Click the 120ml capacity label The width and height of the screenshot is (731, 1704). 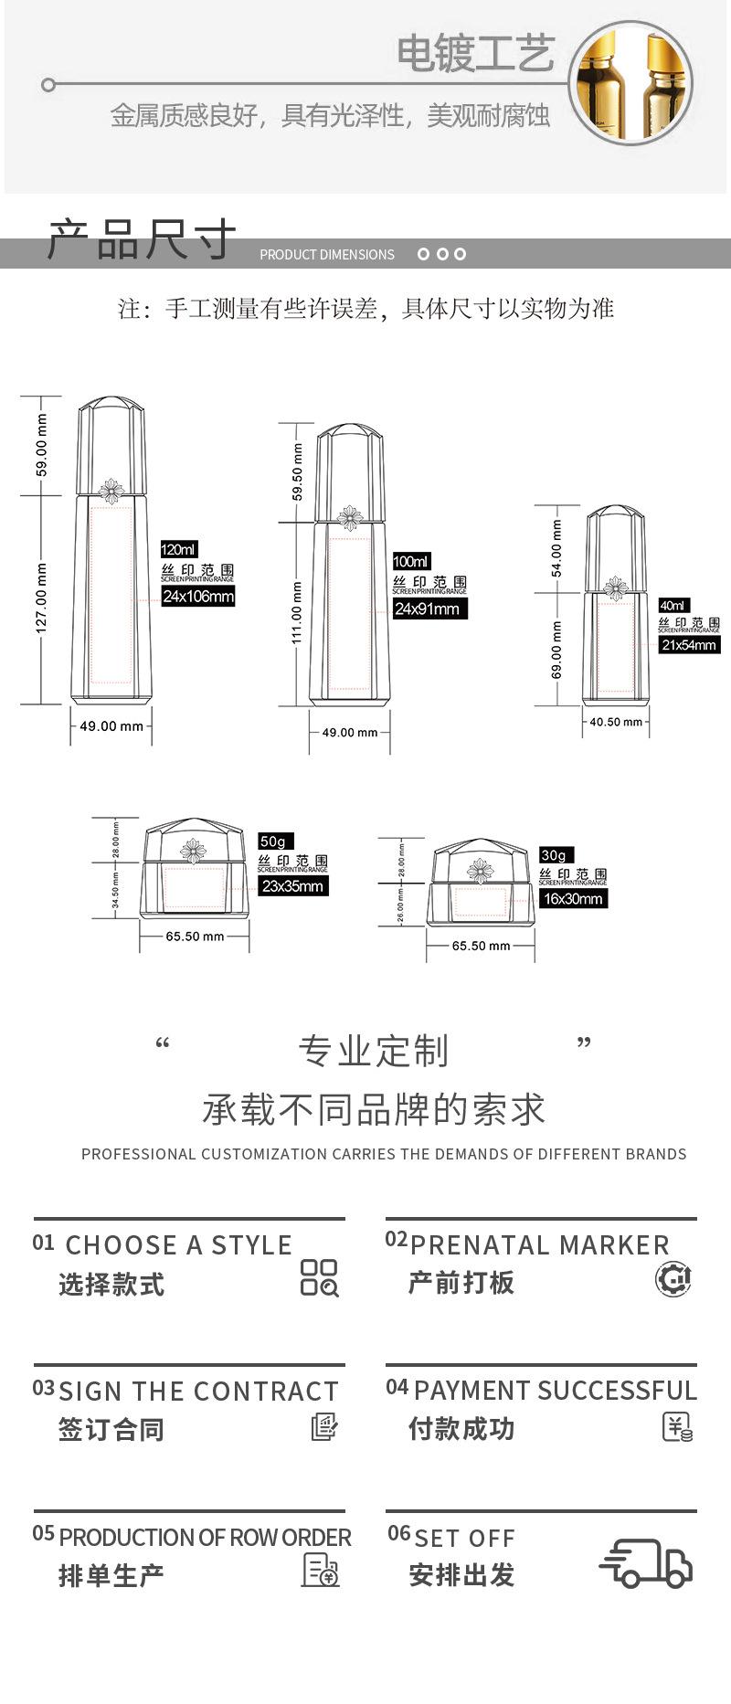click(179, 549)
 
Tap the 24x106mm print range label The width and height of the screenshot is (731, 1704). click(198, 597)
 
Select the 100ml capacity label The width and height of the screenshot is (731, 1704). click(411, 561)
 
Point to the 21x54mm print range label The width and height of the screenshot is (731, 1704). click(689, 645)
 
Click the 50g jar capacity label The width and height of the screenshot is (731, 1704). click(273, 841)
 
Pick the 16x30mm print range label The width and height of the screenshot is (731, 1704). click(573, 899)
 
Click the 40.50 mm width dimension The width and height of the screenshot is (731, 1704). click(616, 722)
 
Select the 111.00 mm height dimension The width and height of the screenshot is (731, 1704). click(296, 613)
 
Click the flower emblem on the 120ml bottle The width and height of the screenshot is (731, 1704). click(111, 491)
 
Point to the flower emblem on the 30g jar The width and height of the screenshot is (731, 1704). click(480, 870)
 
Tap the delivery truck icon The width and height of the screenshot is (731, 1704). click(646, 1563)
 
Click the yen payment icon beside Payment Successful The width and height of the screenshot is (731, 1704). click(677, 1427)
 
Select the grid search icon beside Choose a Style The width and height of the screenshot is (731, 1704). click(319, 1277)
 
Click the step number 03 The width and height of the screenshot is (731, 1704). click(44, 1389)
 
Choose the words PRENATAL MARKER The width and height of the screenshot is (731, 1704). click(539, 1245)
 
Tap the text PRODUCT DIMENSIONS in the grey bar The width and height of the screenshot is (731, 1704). click(327, 255)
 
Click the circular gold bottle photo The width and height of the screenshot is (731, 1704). click(630, 83)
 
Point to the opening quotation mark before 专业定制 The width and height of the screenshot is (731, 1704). click(163, 1043)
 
